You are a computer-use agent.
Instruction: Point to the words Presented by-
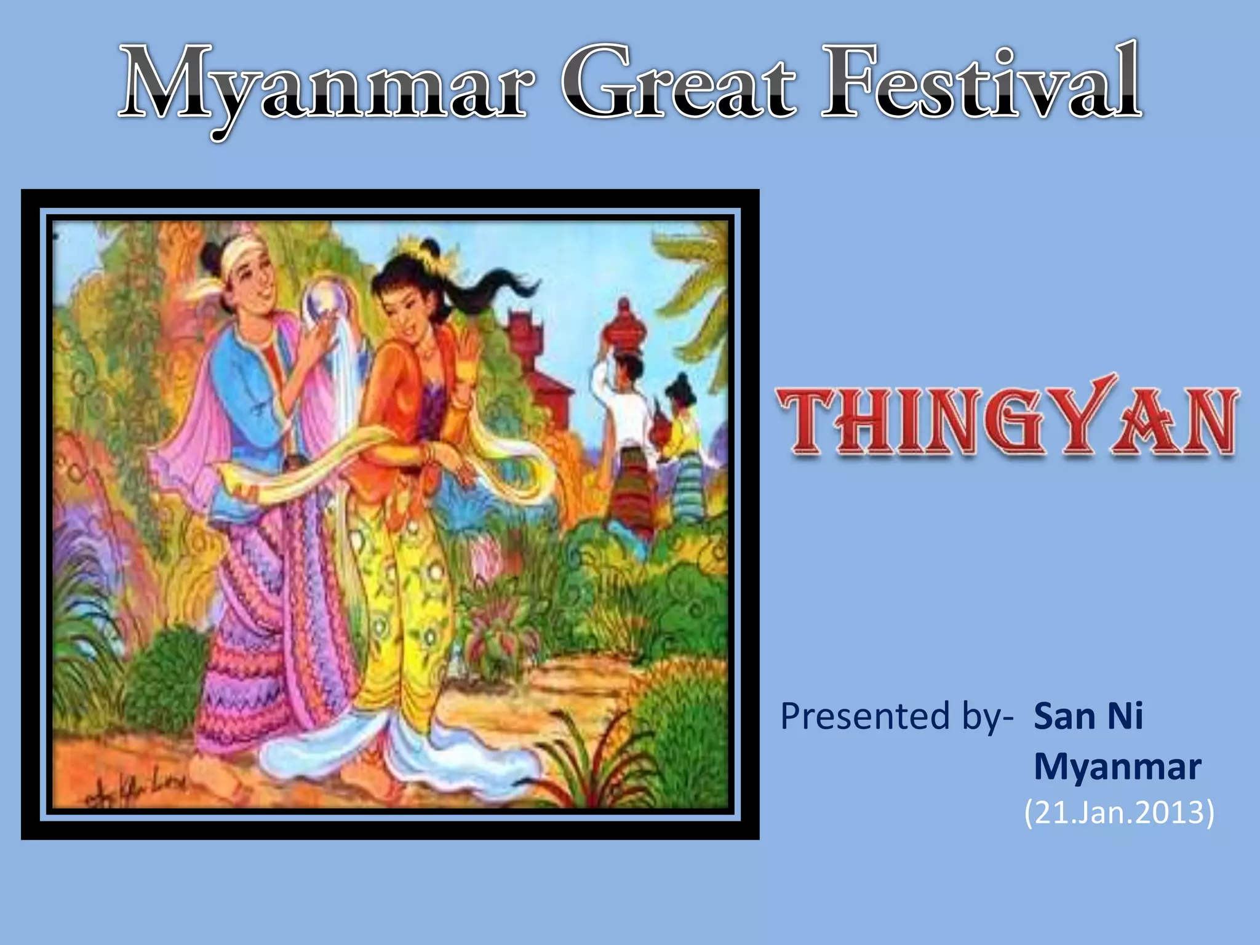coord(896,717)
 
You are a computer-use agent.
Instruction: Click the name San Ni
coord(1088,717)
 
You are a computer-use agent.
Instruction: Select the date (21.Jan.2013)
coord(1119,813)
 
